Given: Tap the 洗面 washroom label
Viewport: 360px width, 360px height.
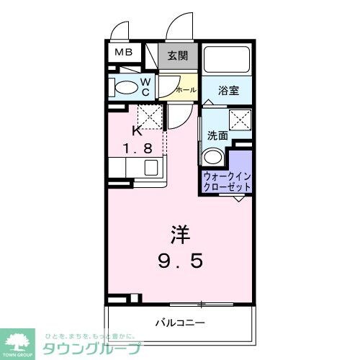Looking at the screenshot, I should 217,135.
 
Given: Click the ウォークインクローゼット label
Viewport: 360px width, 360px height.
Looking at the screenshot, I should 228,181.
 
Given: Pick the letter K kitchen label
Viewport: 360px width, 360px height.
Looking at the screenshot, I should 137,131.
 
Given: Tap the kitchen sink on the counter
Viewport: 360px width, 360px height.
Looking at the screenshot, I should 151,168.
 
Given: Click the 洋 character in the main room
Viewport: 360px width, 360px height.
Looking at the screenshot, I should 180,234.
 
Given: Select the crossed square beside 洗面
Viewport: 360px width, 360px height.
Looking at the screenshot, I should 239,120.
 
